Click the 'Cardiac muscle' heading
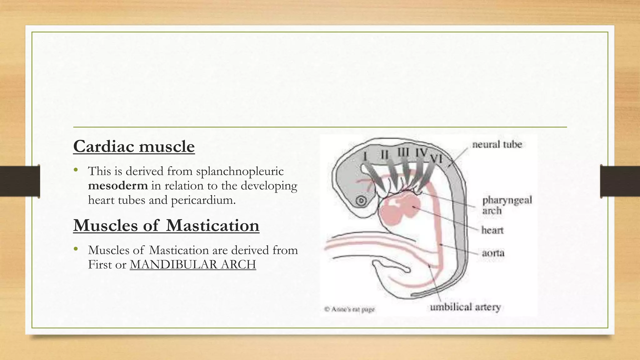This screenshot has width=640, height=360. (134, 146)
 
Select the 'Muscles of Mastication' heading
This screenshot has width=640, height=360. (166, 225)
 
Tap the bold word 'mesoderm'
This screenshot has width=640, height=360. (118, 186)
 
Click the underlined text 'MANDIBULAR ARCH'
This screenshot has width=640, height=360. (193, 265)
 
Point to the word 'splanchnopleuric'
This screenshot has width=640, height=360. (240, 171)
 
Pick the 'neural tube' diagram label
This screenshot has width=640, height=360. (497, 144)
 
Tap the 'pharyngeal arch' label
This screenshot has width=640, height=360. (507, 205)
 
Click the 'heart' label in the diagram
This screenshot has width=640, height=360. (492, 230)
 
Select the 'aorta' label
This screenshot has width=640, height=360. (493, 252)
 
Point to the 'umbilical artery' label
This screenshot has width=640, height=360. (465, 307)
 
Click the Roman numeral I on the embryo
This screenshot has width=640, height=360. (365, 156)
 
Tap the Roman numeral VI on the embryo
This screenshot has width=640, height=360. (436, 159)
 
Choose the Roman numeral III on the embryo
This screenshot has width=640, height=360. (403, 152)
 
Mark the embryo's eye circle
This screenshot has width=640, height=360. (362, 200)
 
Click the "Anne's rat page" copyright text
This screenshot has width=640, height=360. (349, 309)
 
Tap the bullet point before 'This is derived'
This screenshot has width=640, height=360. (75, 170)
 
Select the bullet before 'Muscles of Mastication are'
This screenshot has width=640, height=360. (75, 249)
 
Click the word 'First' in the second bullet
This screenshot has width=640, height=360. (100, 265)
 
